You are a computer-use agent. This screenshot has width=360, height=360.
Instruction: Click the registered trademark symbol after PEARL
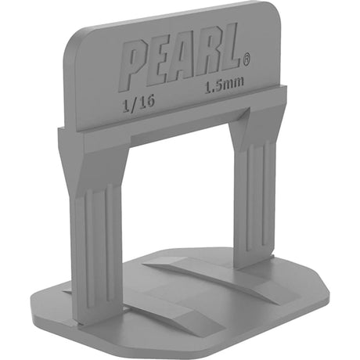[247, 57]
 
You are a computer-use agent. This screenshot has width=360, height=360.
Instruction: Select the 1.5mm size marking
[221, 88]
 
